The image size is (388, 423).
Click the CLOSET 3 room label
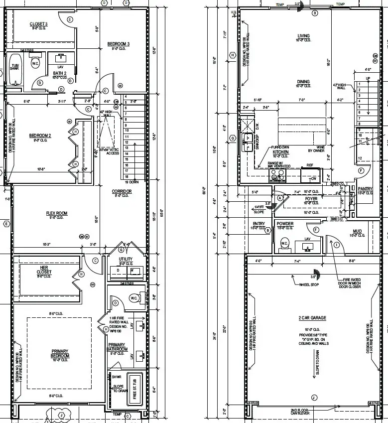tap(39, 24)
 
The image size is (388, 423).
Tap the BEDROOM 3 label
tap(119, 44)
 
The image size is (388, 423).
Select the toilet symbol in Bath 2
tap(35, 64)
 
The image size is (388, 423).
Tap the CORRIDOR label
tap(122, 191)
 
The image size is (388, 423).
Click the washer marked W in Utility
tap(132, 271)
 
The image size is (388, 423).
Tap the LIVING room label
tap(303, 36)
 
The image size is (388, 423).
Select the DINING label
tap(303, 82)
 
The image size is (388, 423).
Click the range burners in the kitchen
tap(277, 175)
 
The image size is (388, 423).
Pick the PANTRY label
tap(365, 189)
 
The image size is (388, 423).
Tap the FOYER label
tap(311, 199)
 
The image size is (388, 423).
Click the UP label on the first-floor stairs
tap(368, 79)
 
